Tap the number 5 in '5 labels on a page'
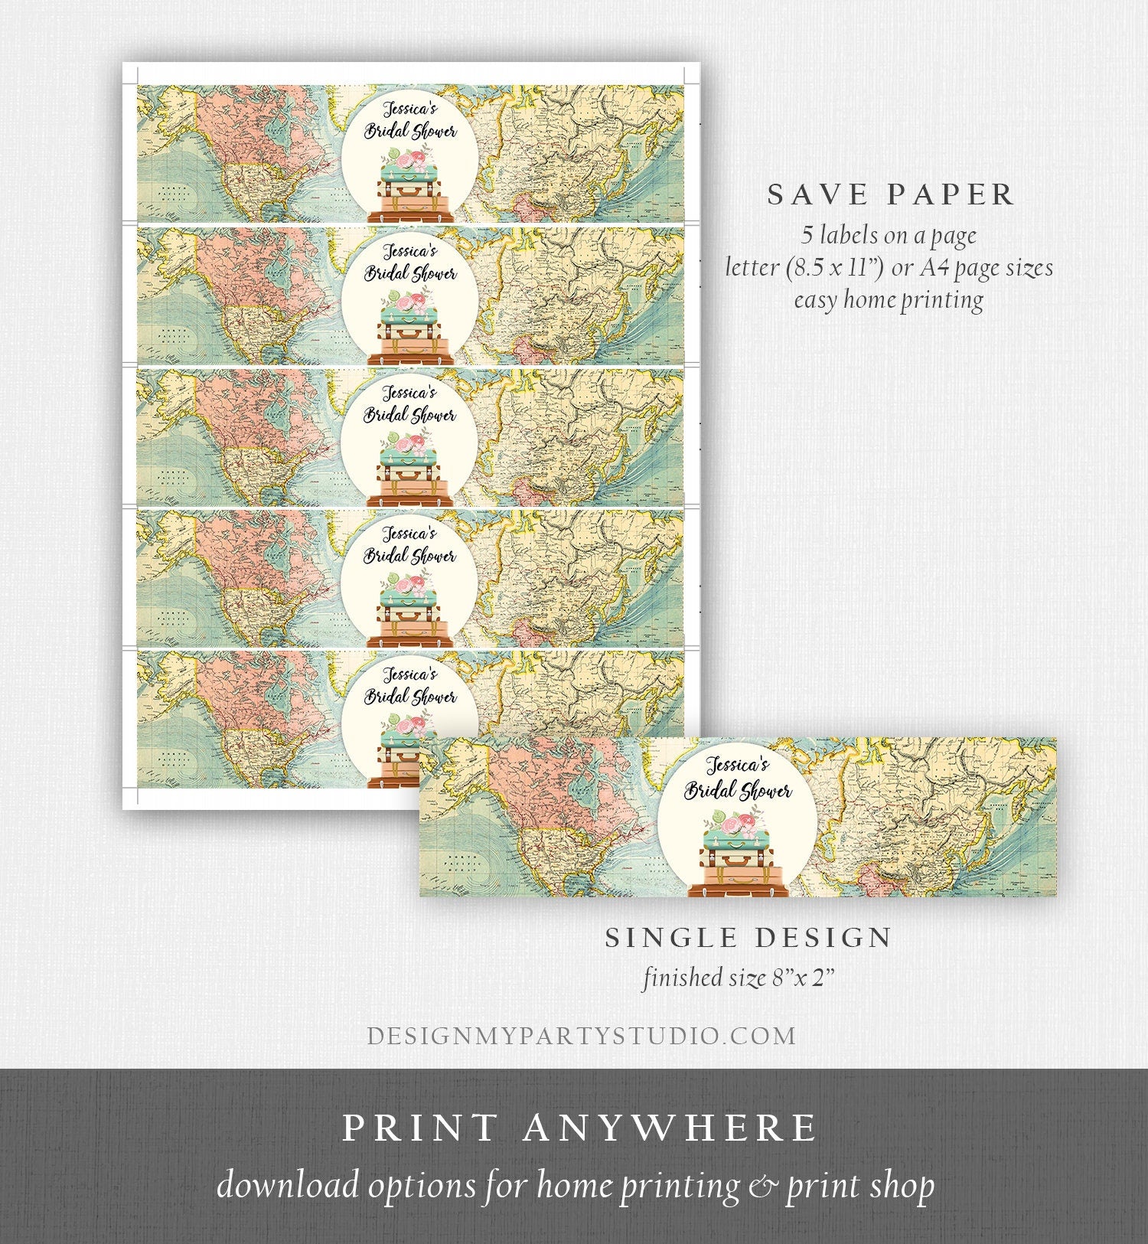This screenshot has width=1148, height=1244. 808,235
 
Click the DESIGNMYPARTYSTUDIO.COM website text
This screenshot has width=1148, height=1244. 582,1036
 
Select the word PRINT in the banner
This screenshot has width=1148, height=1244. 419,1128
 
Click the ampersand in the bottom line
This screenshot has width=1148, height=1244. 762,1186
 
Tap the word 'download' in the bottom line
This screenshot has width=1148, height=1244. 288,1186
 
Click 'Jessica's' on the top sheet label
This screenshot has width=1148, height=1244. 410,109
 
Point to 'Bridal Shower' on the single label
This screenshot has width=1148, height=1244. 738,790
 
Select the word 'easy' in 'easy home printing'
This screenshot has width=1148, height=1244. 814,299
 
